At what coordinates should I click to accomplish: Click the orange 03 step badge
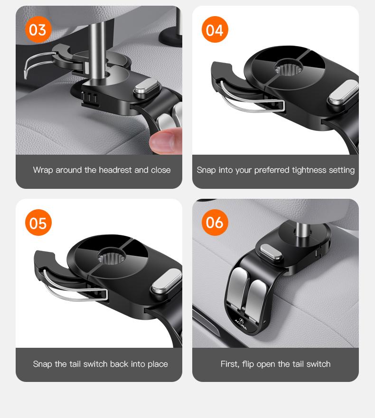(x=38, y=30)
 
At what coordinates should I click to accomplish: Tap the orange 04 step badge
(x=215, y=30)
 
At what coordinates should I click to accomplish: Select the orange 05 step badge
(x=38, y=223)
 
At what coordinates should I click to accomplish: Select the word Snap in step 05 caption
(x=43, y=364)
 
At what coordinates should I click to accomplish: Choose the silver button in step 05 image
(x=167, y=281)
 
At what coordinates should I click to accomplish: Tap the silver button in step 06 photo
(x=271, y=252)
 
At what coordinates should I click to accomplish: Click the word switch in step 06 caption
(x=317, y=364)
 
